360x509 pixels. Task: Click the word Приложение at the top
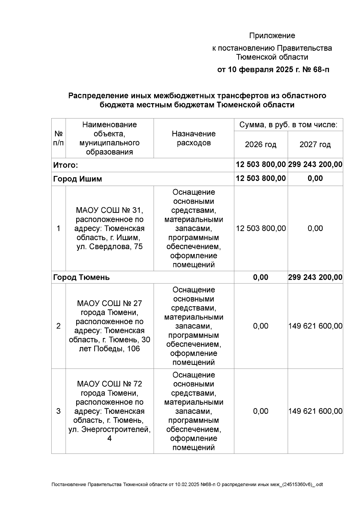pyautogui.click(x=272, y=36)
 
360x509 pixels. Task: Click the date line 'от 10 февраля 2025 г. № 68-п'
pyautogui.click(x=273, y=70)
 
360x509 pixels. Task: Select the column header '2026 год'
pyautogui.click(x=260, y=145)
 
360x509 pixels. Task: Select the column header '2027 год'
pyautogui.click(x=315, y=145)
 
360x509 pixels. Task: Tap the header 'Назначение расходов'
pyautogui.click(x=193, y=138)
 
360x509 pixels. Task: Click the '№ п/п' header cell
pyautogui.click(x=58, y=138)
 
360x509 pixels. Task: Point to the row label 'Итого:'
pyautogui.click(x=65, y=165)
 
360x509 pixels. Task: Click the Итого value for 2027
pyautogui.click(x=315, y=164)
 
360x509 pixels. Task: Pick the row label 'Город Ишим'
pyautogui.click(x=77, y=179)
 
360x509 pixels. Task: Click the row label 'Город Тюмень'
pyautogui.click(x=81, y=277)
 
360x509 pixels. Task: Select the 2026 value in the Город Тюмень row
pyautogui.click(x=260, y=277)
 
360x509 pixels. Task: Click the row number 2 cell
pyautogui.click(x=58, y=326)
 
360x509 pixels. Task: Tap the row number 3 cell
pyautogui.click(x=58, y=411)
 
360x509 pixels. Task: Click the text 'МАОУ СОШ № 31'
pyautogui.click(x=109, y=210)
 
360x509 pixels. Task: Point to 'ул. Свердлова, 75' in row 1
pyautogui.click(x=109, y=247)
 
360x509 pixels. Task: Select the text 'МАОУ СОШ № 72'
pyautogui.click(x=109, y=384)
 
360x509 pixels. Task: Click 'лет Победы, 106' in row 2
pyautogui.click(x=109, y=349)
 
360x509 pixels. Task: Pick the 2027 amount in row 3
pyautogui.click(x=315, y=411)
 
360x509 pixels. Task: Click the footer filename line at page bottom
pyautogui.click(x=187, y=484)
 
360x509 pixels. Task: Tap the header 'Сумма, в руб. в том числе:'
pyautogui.click(x=288, y=125)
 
